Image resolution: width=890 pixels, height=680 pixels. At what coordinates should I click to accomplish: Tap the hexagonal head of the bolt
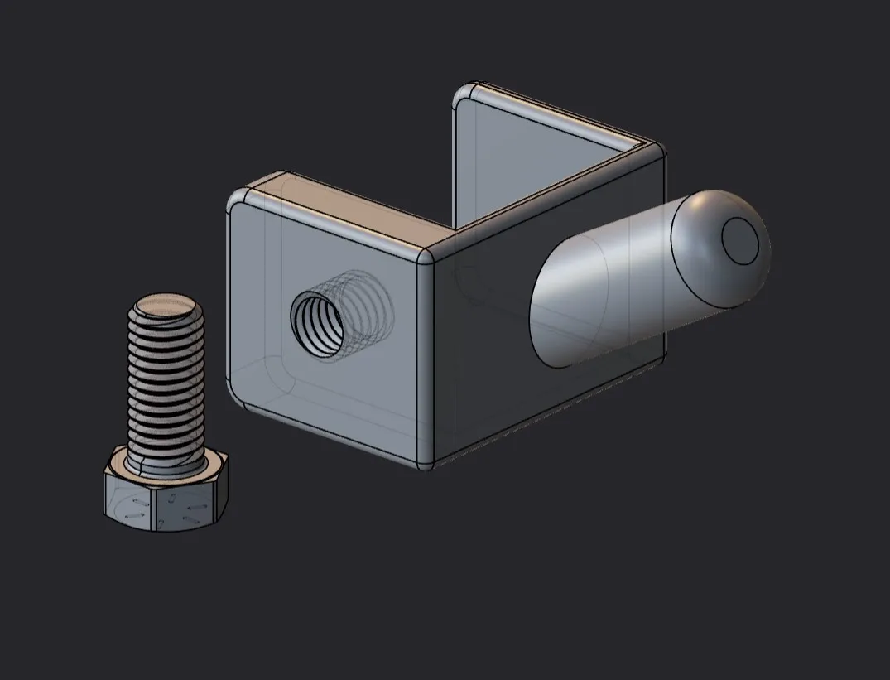click(166, 497)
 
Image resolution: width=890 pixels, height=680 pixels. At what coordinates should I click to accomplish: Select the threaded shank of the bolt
click(166, 381)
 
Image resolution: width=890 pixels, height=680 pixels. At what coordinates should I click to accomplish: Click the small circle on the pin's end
click(740, 240)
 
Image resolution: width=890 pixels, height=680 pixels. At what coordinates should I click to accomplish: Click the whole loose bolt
click(166, 414)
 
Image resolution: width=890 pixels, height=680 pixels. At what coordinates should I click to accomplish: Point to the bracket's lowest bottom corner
click(426, 465)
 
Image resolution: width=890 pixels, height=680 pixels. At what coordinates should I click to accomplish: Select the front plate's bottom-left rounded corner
click(238, 396)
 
